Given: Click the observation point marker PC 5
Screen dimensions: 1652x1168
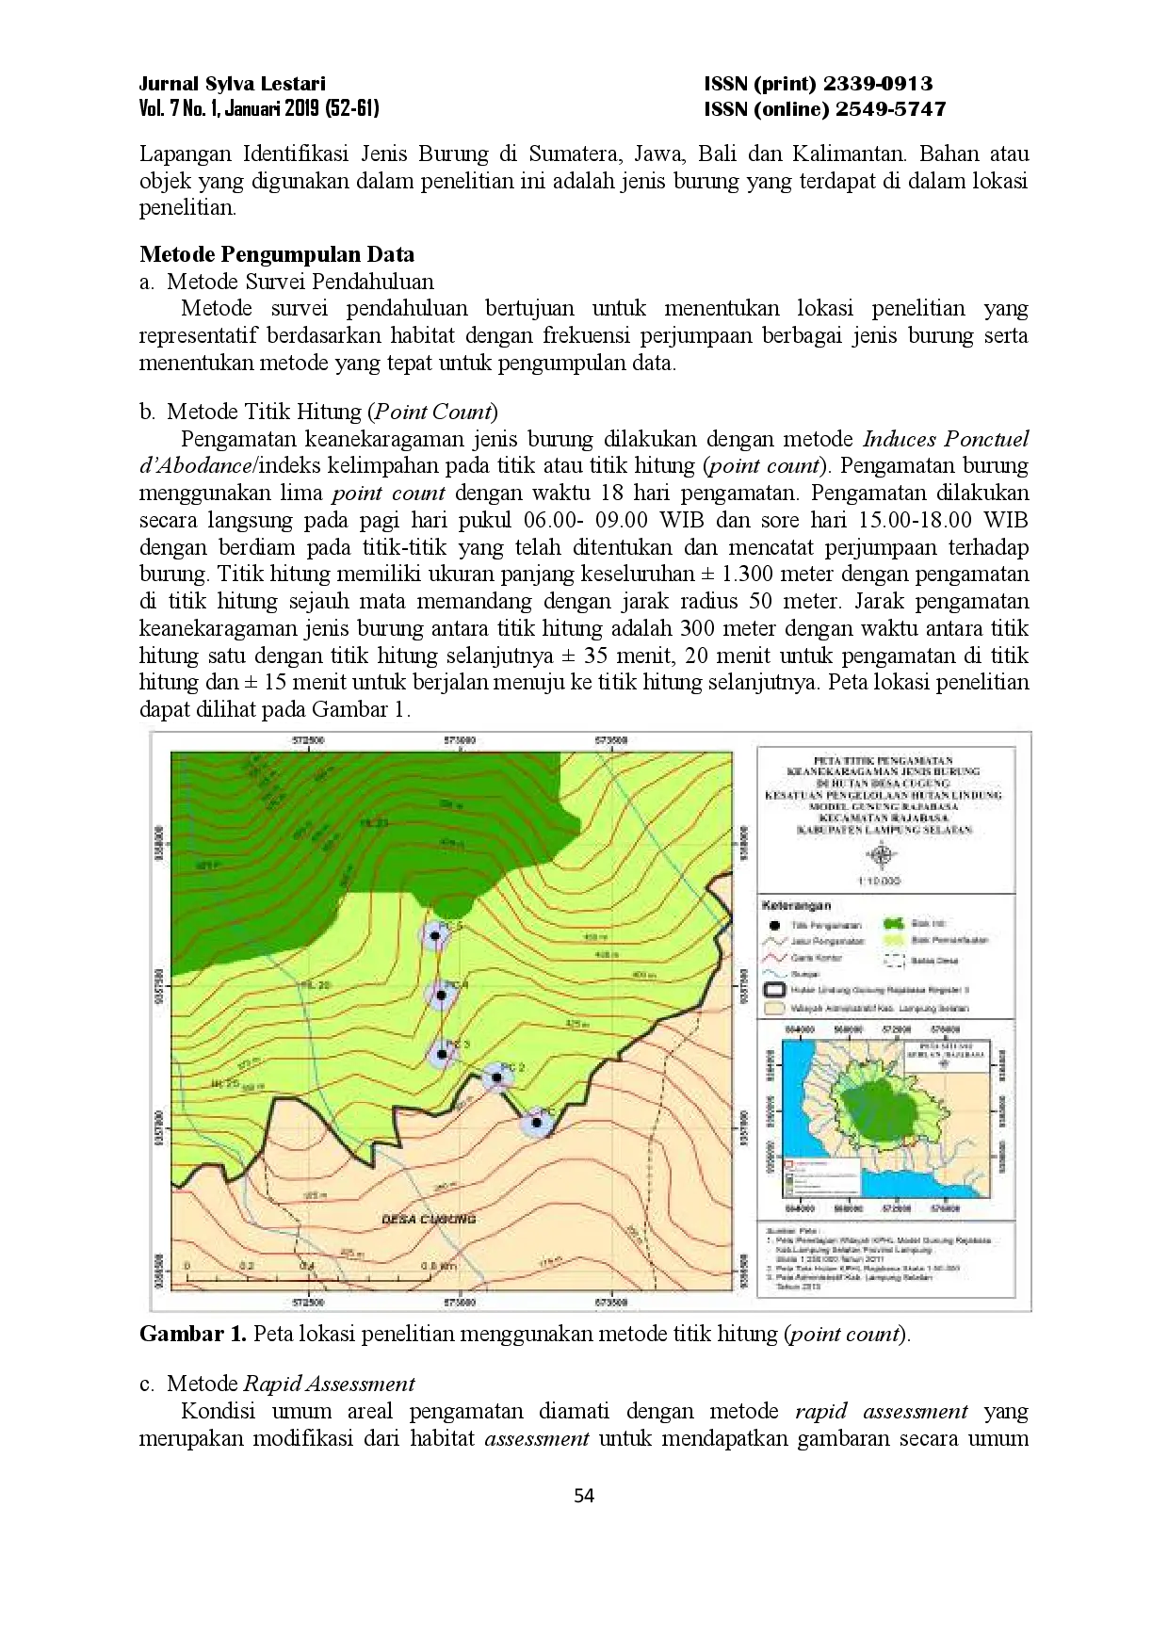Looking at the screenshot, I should pos(434,936).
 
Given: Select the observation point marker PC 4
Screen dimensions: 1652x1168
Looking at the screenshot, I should pos(440,994).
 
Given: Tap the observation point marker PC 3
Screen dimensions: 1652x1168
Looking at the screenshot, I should pos(441,1054).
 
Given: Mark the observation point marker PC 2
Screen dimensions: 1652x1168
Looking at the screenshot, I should pos(495,1077).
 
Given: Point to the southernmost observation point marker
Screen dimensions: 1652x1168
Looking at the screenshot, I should pos(536,1122).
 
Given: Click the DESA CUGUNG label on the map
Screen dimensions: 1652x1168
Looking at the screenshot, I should pos(429,1219).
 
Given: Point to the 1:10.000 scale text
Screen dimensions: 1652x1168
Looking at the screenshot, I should pos(880,881).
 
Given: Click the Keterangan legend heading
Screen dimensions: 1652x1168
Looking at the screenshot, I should pos(796,905).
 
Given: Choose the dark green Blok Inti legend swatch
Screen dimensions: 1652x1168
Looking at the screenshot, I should pos(893,924).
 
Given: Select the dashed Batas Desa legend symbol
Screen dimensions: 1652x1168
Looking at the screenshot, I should pos(893,961).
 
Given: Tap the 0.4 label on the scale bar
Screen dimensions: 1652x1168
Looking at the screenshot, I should pos(307,1266).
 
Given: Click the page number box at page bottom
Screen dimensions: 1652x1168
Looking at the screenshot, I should pos(584,1495).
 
